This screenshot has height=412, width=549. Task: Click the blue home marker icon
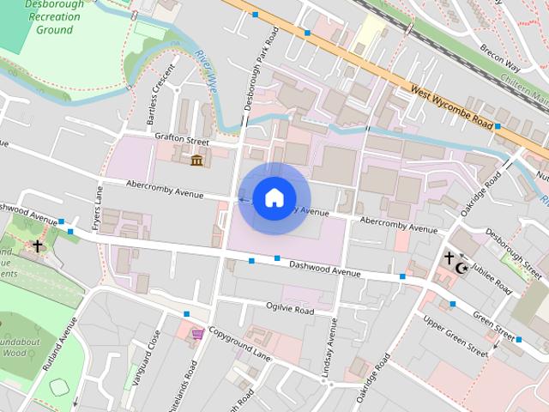274,198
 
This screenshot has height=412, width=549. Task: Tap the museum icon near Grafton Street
197,161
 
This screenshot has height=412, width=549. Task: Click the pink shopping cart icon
198,333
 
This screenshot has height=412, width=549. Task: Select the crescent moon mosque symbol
462,269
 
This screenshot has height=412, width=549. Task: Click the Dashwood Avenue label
324,269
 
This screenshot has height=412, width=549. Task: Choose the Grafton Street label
182,137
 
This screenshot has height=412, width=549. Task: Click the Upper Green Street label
455,336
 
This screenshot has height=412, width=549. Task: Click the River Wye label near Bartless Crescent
207,74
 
